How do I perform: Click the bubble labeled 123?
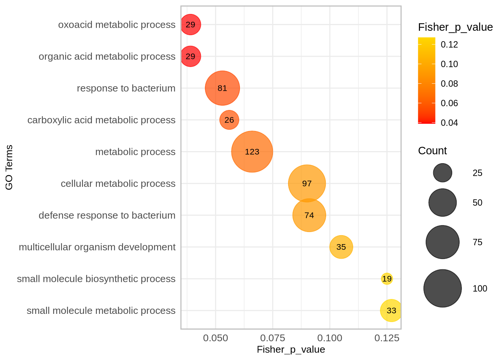(x=252, y=151)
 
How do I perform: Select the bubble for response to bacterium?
(x=222, y=88)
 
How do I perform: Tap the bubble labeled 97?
(x=307, y=183)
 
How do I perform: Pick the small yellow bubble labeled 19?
(x=387, y=279)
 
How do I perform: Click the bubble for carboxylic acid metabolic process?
(x=229, y=120)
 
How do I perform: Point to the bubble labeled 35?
(x=341, y=247)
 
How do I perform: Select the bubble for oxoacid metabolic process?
(x=190, y=24)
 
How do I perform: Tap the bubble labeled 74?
(x=309, y=215)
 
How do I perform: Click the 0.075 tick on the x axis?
(x=273, y=338)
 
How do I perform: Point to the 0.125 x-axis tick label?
(x=387, y=338)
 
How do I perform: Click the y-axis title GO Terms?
(x=9, y=167)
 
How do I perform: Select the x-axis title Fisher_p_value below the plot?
(x=291, y=349)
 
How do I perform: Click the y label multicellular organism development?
(x=97, y=247)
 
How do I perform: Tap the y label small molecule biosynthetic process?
(x=96, y=279)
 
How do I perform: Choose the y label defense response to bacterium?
(x=107, y=215)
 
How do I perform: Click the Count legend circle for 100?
(x=442, y=288)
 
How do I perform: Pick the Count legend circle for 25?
(x=442, y=173)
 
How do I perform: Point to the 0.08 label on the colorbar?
(x=449, y=84)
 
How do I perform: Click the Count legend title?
(x=432, y=151)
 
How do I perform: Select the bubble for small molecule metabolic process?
(x=391, y=310)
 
